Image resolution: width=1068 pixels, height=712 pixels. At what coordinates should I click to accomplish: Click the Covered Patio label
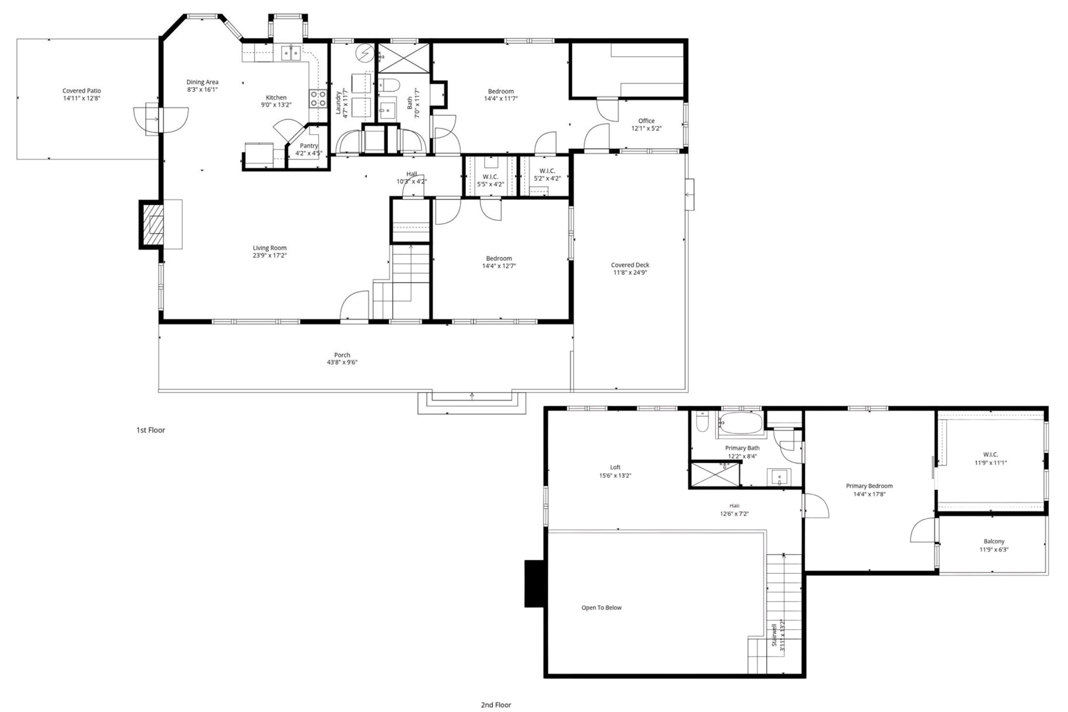point(82,91)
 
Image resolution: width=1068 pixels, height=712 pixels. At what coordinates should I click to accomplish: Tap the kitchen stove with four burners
point(318,98)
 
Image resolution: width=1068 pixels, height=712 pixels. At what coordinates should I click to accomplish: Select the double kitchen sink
point(290,52)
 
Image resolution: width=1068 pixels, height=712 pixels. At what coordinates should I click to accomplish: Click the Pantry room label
point(309,146)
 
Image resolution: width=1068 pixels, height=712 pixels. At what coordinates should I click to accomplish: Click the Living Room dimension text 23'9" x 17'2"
point(269,256)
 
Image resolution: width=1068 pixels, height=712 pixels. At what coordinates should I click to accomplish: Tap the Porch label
point(342,355)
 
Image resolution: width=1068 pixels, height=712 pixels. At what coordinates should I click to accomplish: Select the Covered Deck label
point(630,265)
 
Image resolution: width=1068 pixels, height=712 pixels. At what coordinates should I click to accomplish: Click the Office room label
point(646,121)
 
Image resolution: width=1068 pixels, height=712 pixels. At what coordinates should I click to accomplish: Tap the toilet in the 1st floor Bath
point(389,86)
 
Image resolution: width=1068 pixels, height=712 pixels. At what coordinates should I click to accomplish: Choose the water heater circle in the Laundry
point(365,52)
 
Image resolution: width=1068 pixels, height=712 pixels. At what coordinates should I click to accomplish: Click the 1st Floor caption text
point(151,430)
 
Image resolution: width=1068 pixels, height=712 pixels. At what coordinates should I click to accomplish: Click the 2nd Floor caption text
point(496,705)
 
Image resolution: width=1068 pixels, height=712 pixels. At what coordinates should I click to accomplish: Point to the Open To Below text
point(601,608)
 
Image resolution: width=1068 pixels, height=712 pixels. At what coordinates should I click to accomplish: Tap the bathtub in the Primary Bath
point(740,424)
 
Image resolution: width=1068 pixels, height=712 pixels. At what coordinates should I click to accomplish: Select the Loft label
point(615,467)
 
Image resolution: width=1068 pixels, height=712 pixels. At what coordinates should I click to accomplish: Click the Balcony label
point(994,541)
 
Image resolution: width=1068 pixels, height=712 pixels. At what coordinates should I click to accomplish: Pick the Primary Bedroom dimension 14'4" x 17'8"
point(869,494)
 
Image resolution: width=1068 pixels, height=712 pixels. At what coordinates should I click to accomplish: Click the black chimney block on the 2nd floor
point(534,584)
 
